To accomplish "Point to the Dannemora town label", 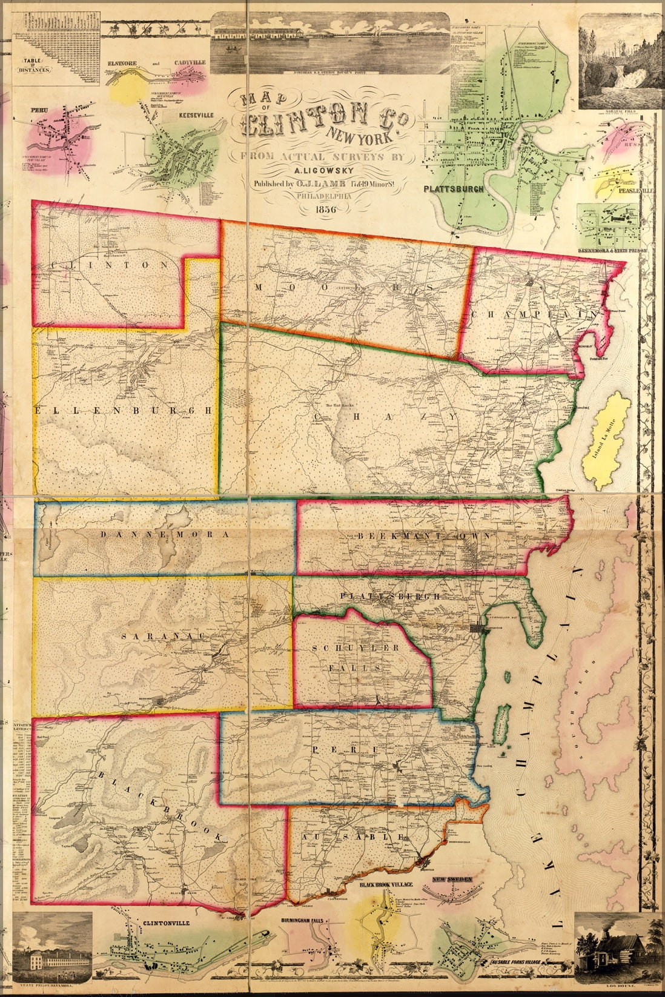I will click(164, 535).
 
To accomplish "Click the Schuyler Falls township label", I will click(356, 658).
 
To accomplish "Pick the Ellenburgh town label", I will click(124, 410).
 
